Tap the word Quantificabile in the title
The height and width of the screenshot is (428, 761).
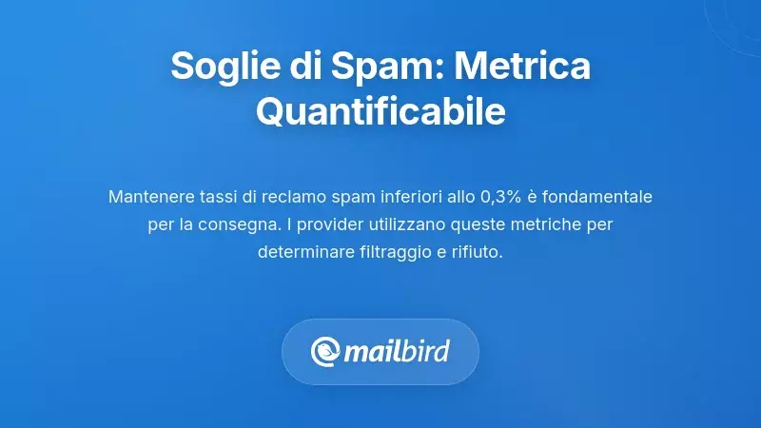380,113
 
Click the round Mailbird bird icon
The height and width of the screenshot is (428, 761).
326,352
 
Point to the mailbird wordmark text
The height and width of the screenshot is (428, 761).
398,352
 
